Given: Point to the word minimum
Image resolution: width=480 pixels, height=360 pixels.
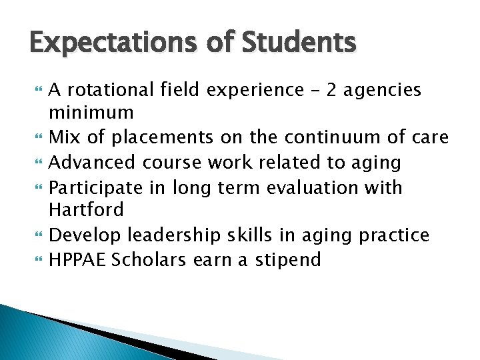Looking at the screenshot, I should [x=91, y=112].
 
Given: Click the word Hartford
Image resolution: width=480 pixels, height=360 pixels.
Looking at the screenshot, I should [x=87, y=210].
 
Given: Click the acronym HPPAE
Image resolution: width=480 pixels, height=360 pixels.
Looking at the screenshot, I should [x=77, y=259].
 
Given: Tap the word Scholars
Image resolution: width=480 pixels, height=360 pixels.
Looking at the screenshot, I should [x=150, y=259].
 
